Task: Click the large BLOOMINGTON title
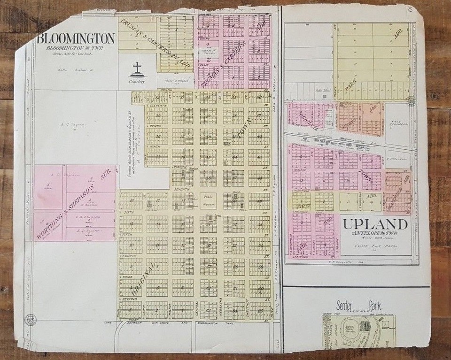coord(76,38)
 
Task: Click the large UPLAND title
coord(373,224)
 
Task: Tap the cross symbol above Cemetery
coord(137,69)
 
